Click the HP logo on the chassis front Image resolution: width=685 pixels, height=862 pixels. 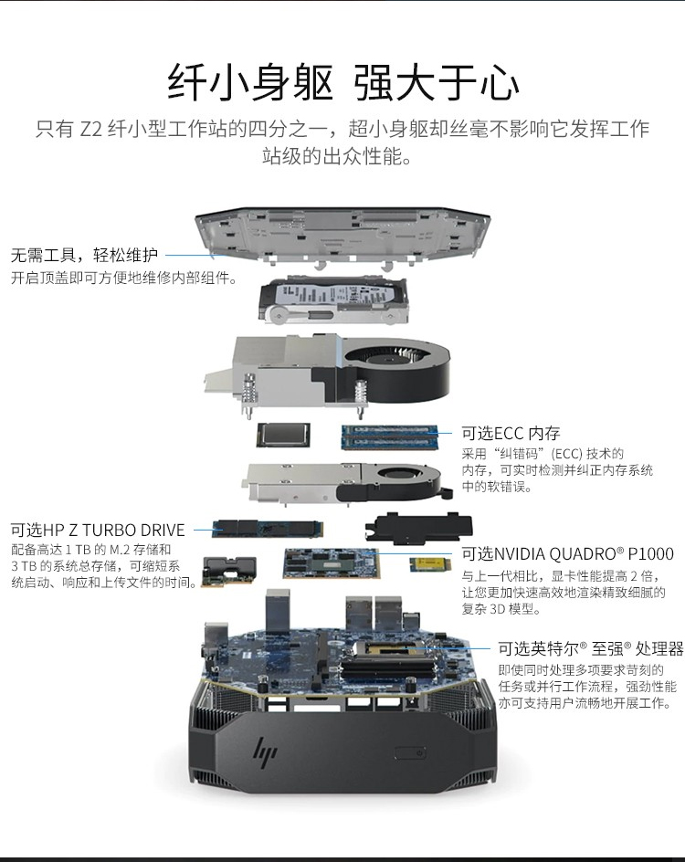tap(265, 751)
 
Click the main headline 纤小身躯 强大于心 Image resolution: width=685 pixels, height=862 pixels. tap(343, 82)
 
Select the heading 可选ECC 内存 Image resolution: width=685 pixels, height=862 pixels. tap(511, 433)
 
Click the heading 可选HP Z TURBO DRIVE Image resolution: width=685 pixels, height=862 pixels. tap(98, 530)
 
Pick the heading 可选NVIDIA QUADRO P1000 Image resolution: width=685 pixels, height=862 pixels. tap(567, 553)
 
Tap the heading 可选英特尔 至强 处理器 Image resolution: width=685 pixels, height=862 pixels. tap(590, 648)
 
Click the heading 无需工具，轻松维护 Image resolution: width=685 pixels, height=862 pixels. tap(85, 255)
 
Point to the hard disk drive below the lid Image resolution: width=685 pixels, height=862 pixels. tap(335, 300)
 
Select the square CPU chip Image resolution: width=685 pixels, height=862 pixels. tap(283, 435)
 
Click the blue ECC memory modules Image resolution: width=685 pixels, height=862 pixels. tap(390, 436)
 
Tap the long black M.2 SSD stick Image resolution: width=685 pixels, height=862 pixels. tap(268, 529)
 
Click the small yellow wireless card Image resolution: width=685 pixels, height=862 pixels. tap(429, 565)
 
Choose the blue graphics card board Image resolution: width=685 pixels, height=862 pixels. tap(332, 562)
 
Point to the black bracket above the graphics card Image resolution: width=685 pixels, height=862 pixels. tap(418, 529)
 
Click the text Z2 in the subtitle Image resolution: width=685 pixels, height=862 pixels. tap(90, 129)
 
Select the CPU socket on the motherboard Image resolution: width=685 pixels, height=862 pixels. tap(387, 648)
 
